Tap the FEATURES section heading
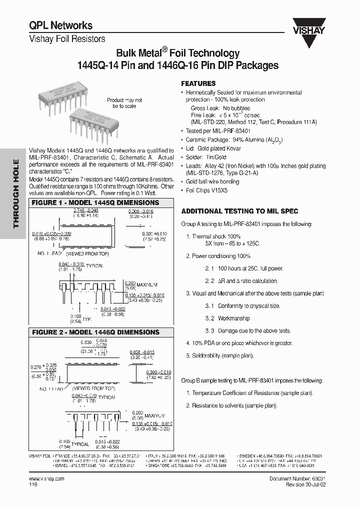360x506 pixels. point(198,83)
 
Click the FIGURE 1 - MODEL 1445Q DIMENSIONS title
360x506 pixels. point(95,203)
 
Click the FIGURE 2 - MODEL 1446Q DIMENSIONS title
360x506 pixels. point(95,332)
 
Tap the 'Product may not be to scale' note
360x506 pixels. point(124,103)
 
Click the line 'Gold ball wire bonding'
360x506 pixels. point(212,182)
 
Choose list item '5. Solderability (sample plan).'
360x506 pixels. point(219,355)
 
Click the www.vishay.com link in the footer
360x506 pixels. point(47,478)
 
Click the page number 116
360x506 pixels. point(33,484)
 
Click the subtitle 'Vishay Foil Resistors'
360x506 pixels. point(67,38)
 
